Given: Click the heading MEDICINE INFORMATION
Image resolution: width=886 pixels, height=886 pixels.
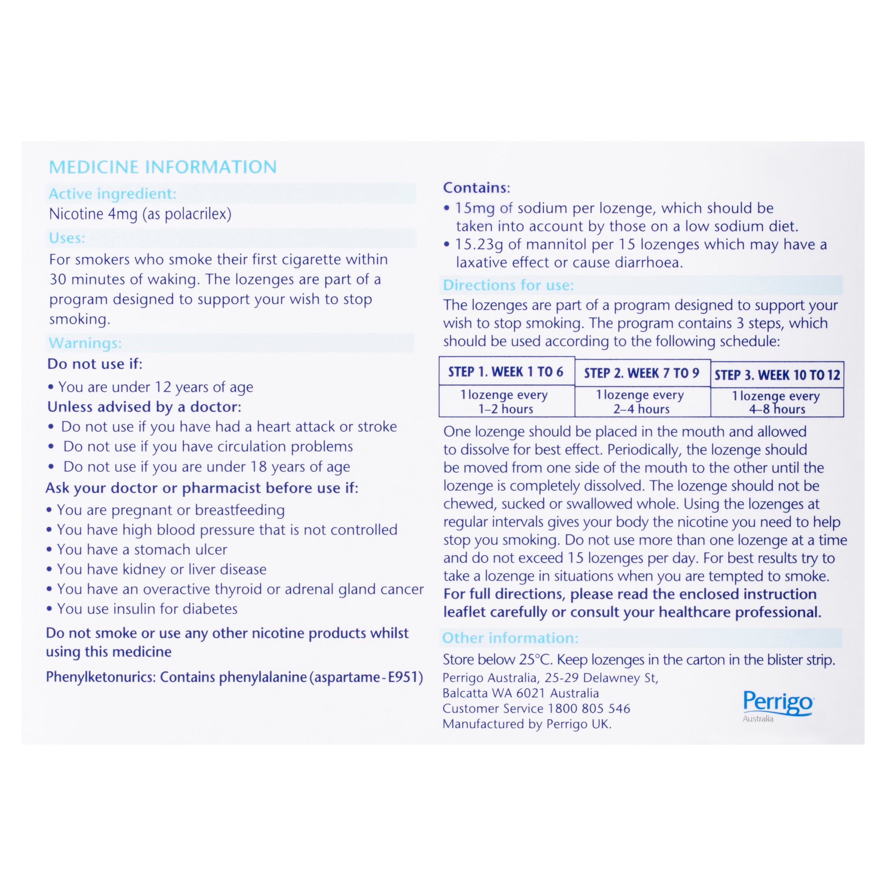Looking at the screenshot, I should click(163, 167).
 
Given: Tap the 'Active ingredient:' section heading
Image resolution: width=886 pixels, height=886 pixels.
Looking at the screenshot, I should click(112, 193).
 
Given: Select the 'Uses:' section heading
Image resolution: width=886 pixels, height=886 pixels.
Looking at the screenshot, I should click(67, 238).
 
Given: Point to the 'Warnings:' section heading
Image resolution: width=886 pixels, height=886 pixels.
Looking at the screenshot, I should click(85, 343).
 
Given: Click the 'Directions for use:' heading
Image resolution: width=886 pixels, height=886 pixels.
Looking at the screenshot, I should click(508, 285).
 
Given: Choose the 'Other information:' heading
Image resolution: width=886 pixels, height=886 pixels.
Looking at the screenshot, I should click(510, 638).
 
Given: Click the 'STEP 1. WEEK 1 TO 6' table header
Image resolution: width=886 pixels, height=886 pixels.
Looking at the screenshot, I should click(506, 372).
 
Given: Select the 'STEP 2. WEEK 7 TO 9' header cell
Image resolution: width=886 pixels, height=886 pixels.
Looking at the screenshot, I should click(642, 373).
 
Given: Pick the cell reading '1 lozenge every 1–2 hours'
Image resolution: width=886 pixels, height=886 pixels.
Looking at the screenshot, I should click(506, 402).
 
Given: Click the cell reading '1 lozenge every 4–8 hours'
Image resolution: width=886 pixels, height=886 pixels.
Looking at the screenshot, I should click(777, 403).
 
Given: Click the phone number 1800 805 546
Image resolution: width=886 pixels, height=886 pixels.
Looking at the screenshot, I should click(589, 708).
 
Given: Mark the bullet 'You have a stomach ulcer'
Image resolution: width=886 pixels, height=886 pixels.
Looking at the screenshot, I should click(142, 549).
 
